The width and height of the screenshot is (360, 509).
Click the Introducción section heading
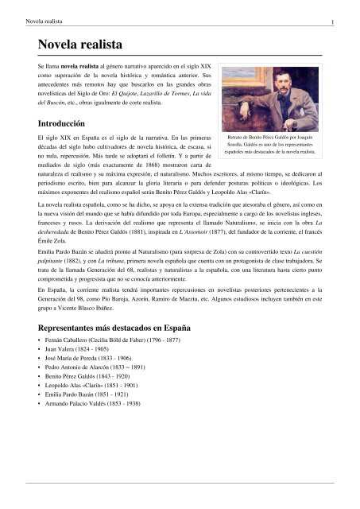click(x=60, y=124)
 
